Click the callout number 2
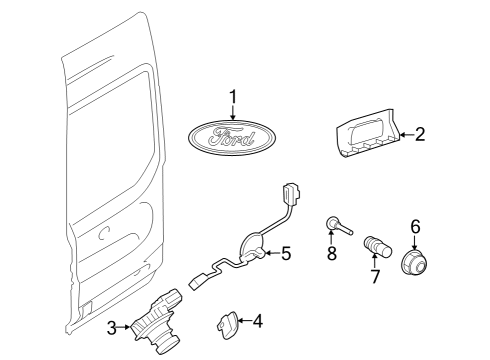(420, 133)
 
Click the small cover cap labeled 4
(224, 322)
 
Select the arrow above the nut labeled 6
(415, 243)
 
